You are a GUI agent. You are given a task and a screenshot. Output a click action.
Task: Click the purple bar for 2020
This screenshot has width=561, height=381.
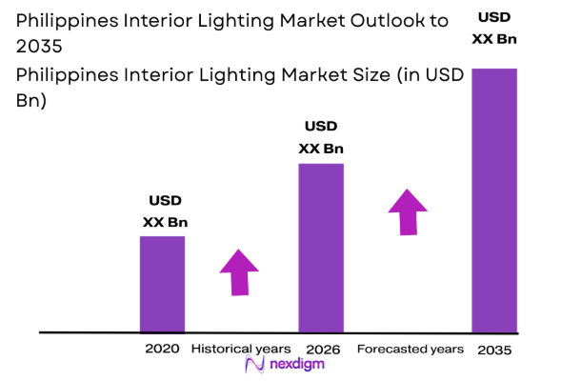tap(162, 283)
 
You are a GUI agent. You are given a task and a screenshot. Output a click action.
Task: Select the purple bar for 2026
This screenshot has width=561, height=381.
tap(321, 247)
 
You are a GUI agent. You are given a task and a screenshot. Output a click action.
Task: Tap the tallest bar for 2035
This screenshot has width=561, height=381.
tap(494, 199)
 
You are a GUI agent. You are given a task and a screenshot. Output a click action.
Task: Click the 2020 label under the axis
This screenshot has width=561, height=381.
tap(162, 349)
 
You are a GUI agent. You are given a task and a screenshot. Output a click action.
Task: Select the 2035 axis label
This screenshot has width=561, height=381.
tap(494, 351)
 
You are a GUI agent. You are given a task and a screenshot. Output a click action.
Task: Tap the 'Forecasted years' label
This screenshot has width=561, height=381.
tap(411, 350)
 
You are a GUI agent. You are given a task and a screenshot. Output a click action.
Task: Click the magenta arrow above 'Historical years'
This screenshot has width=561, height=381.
tap(239, 274)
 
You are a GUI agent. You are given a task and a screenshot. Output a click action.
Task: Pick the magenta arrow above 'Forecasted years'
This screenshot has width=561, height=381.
tap(408, 211)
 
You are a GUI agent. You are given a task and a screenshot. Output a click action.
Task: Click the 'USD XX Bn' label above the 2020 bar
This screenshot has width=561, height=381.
tap(165, 211)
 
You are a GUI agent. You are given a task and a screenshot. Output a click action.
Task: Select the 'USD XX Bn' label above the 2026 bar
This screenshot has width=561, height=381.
tap(321, 137)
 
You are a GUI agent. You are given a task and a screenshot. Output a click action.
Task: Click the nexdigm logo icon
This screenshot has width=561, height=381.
tap(254, 366)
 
